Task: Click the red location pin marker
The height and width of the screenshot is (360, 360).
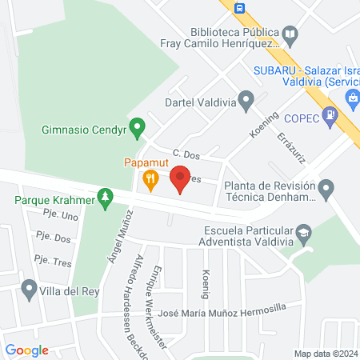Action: [180, 178]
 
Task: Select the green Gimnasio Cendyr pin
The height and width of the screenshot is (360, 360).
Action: [138, 126]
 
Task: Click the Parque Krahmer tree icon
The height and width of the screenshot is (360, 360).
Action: [104, 197]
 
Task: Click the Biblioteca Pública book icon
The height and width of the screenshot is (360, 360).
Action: [290, 34]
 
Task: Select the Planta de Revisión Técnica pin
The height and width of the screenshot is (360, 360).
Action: [326, 190]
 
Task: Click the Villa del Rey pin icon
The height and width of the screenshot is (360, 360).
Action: [30, 288]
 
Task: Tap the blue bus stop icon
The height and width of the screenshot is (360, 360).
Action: [240, 8]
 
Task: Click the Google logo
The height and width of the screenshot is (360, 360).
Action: [27, 350]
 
